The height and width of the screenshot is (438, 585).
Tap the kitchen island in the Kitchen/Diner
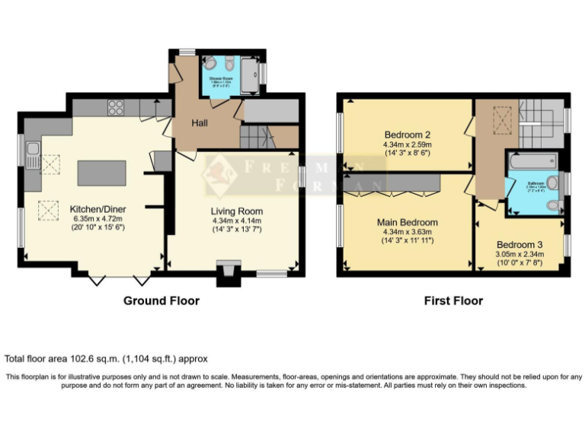101,173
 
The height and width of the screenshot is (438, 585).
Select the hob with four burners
117,108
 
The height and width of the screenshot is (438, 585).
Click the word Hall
200,123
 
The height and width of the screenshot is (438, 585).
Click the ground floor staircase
257,137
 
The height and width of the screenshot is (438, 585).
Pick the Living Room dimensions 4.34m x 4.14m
237,221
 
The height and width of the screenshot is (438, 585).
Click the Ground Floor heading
161,301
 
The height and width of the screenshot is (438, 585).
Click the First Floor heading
453,301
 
